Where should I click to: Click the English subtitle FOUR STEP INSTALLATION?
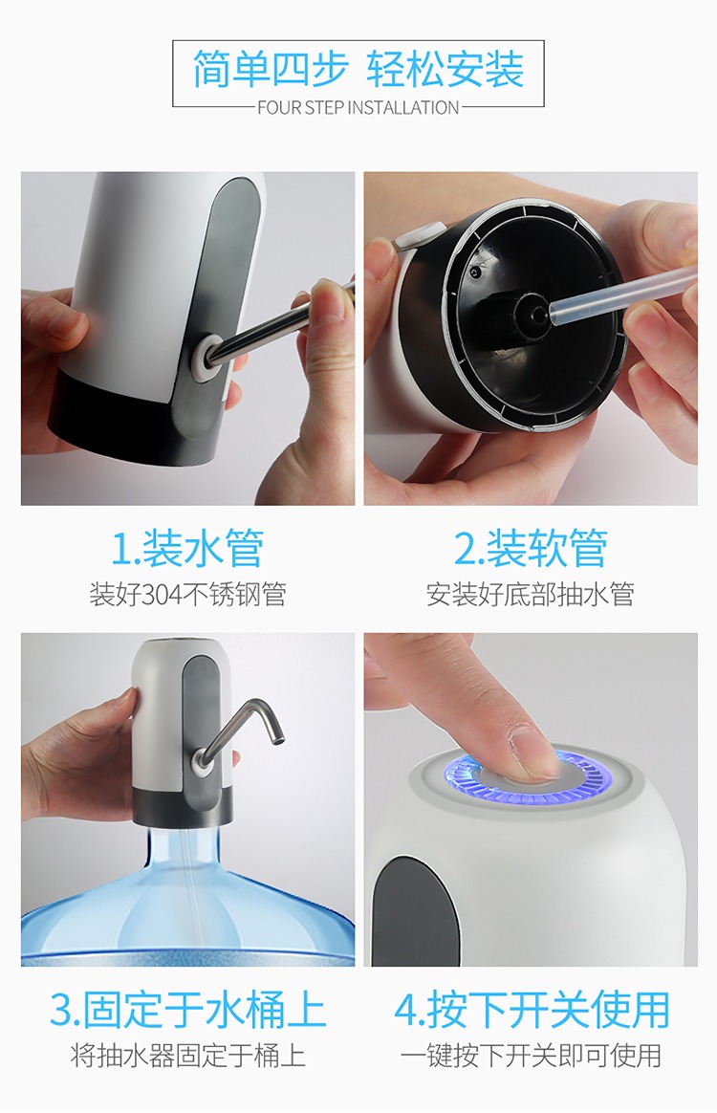[x=358, y=108]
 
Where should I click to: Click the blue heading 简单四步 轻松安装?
[x=358, y=69]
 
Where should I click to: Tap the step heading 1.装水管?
[x=187, y=548]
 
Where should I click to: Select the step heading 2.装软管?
[x=531, y=548]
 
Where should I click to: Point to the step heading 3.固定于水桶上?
[x=187, y=1010]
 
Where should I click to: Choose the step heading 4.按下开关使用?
[x=532, y=1010]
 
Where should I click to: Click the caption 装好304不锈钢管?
[x=187, y=594]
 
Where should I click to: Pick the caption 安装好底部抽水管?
[x=531, y=594]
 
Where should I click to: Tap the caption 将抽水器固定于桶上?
[x=187, y=1056]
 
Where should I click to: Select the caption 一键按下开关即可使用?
[x=532, y=1056]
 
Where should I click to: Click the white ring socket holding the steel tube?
[x=206, y=353]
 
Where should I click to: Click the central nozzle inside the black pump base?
[x=530, y=310]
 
